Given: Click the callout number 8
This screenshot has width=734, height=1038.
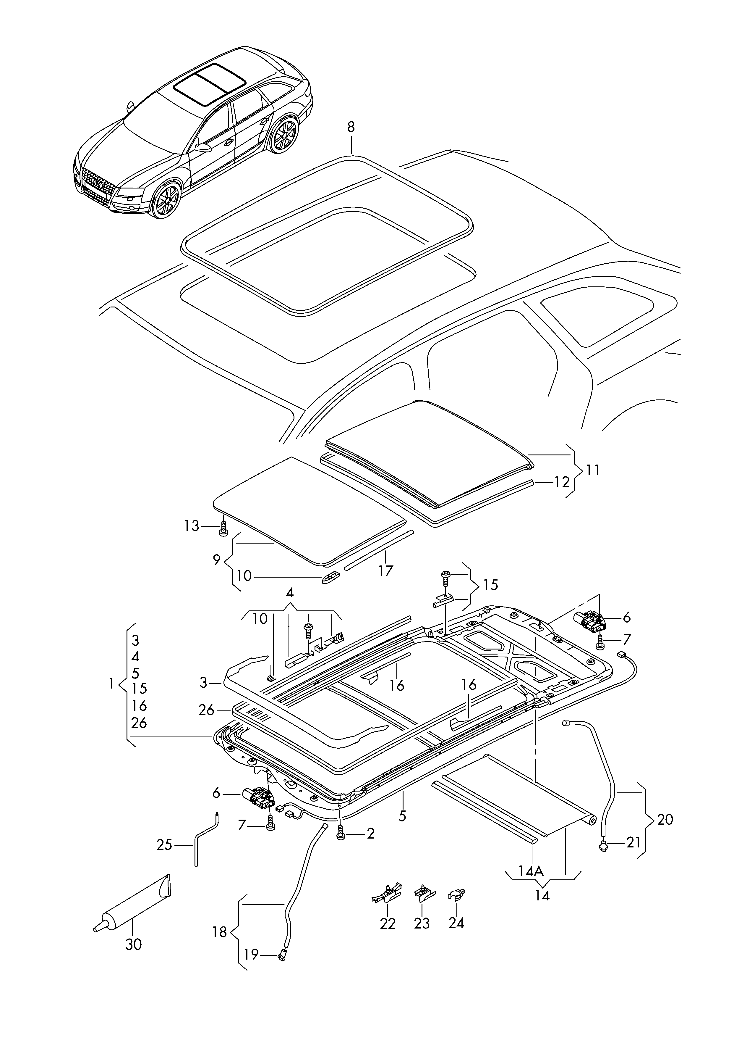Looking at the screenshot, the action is click(x=351, y=127).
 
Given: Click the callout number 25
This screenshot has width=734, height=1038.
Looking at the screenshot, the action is click(x=165, y=844).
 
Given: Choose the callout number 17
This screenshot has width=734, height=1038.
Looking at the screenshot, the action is click(x=385, y=571).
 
